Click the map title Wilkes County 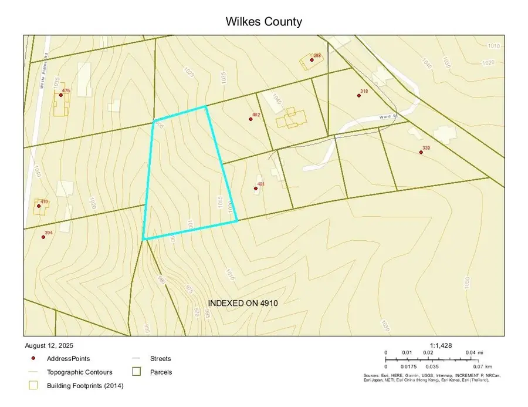point(264,22)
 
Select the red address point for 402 point(251,119)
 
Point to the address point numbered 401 point(255,189)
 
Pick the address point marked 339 point(421,152)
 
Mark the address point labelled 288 point(312,60)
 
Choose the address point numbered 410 point(36,206)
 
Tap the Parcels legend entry point(161,372)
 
